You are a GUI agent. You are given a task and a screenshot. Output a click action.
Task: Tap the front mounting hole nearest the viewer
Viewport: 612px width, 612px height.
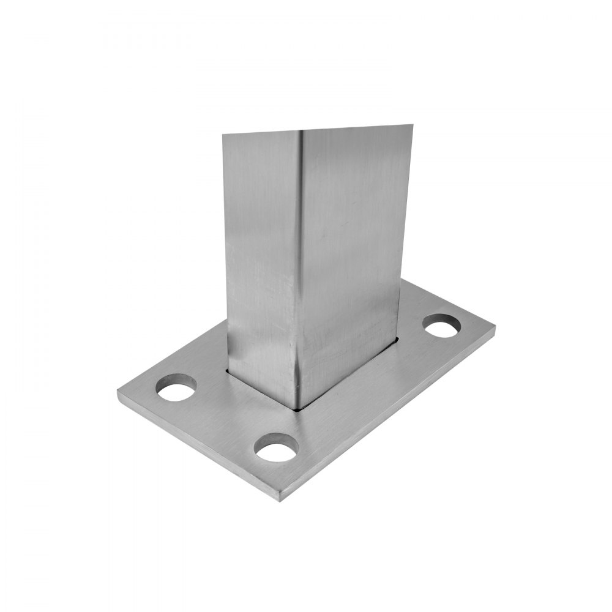click(x=276, y=450)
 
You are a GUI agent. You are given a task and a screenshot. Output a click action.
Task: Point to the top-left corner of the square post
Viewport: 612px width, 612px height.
click(x=223, y=136)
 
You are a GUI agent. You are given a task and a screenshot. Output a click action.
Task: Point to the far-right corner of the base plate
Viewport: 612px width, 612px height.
click(x=494, y=331)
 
